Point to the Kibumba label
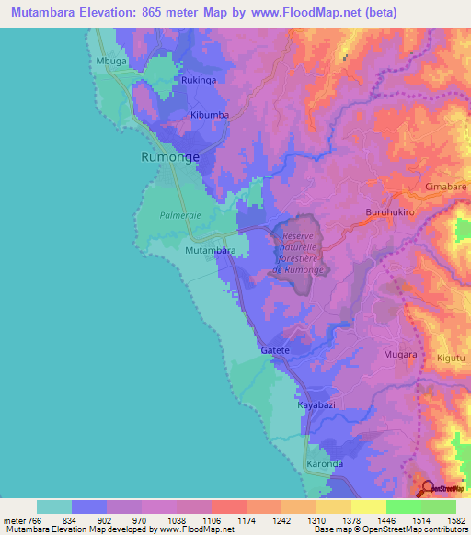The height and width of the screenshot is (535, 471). tap(208, 115)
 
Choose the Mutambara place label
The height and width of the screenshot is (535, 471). tap(211, 250)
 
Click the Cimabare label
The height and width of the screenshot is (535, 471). tap(446, 187)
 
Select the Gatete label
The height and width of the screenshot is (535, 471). tap(275, 351)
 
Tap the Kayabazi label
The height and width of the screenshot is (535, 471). tap(315, 404)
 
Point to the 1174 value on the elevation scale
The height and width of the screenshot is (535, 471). tap(245, 521)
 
